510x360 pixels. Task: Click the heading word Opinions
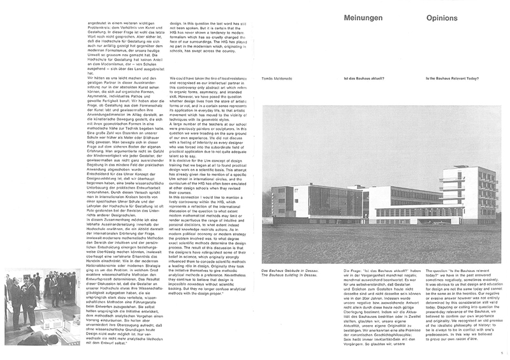441,17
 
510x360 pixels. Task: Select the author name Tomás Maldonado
278,78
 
